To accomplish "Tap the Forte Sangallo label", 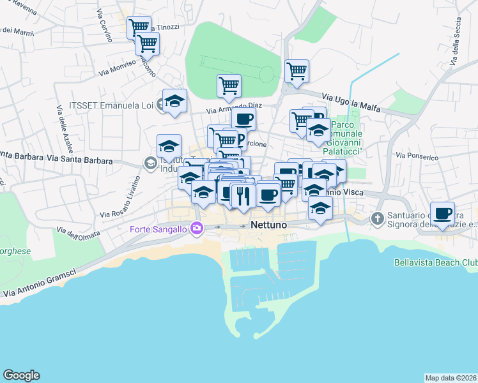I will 159,229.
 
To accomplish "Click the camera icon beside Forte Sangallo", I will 197,228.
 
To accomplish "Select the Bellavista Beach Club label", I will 435,263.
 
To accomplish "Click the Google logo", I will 21,375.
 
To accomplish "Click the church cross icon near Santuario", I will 378,219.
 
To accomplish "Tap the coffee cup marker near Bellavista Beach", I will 442,213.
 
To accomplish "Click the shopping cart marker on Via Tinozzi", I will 139,27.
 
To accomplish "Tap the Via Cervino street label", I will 105,26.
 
